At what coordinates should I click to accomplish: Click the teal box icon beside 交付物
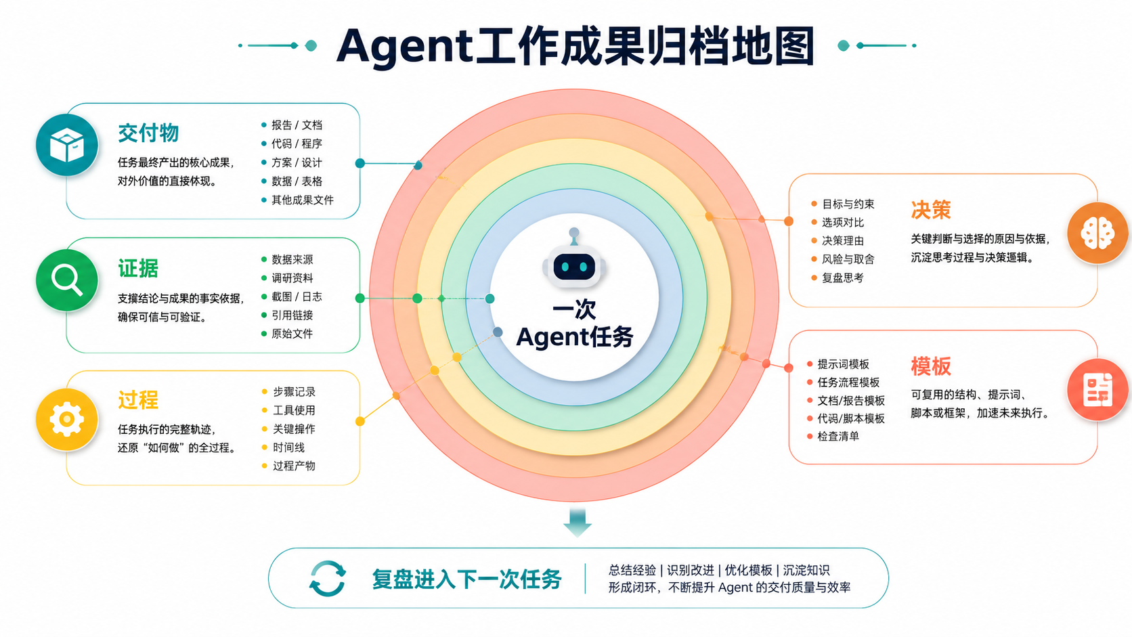(67, 145)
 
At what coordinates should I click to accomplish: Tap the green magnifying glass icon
(67, 280)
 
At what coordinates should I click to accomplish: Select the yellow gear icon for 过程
(67, 419)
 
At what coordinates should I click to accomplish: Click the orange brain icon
(1097, 233)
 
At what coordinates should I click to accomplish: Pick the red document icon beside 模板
(1097, 389)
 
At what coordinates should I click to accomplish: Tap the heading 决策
(931, 210)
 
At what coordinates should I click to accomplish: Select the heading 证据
(138, 268)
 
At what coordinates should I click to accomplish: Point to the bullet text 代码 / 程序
(297, 144)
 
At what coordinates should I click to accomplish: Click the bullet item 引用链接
(292, 315)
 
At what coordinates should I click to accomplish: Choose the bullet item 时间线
(288, 447)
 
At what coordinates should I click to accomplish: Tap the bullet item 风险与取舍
(848, 259)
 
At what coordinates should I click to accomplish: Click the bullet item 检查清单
(838, 437)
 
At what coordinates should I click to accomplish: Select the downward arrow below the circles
(578, 523)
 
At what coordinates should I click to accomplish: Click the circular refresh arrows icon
(328, 578)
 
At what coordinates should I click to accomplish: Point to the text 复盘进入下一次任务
(466, 579)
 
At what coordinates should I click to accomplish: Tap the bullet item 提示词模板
(844, 364)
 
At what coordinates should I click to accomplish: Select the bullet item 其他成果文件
(303, 200)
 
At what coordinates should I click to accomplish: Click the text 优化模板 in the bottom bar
(748, 570)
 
